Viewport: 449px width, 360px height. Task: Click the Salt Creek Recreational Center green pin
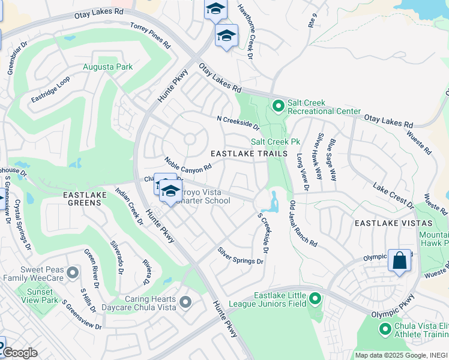point(277,106)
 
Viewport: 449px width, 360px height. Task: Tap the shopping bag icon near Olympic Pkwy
point(399,261)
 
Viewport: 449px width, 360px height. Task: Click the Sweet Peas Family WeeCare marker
point(73,273)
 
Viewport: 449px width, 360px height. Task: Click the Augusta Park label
point(108,67)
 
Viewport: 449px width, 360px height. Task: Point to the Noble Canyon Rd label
point(188,164)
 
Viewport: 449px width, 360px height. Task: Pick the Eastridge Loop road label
point(50,89)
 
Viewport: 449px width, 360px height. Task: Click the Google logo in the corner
point(20,353)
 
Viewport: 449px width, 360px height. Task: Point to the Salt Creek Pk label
point(275,142)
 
